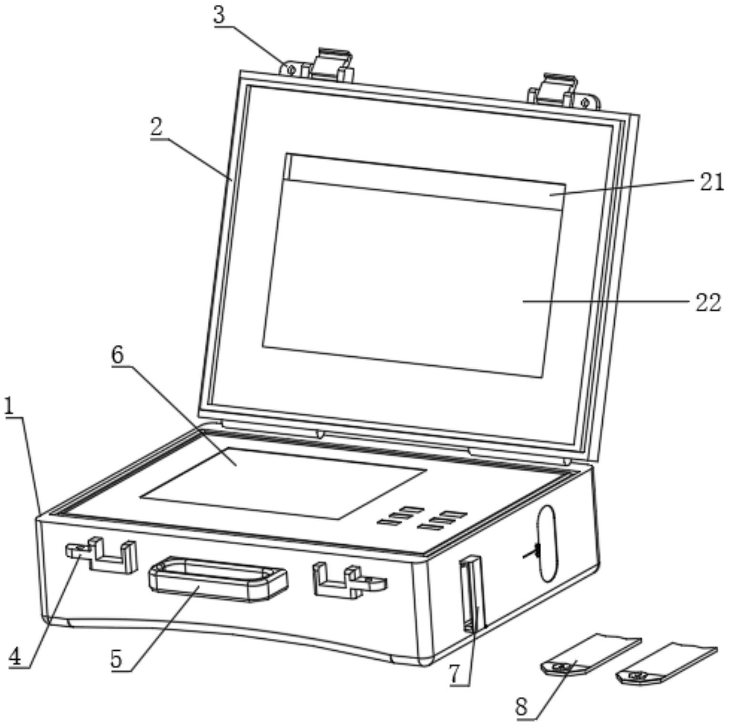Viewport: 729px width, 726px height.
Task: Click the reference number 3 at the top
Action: pos(218,15)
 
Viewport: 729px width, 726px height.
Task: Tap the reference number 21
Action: pos(711,182)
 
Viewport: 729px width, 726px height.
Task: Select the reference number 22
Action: pos(708,302)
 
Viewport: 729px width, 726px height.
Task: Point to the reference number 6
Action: pos(117,355)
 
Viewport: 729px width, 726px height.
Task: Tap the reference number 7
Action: pos(455,674)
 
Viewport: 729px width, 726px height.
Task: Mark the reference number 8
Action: pos(522,706)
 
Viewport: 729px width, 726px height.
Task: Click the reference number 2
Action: pos(156,128)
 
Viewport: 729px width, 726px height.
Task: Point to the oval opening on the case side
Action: pos(547,543)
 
